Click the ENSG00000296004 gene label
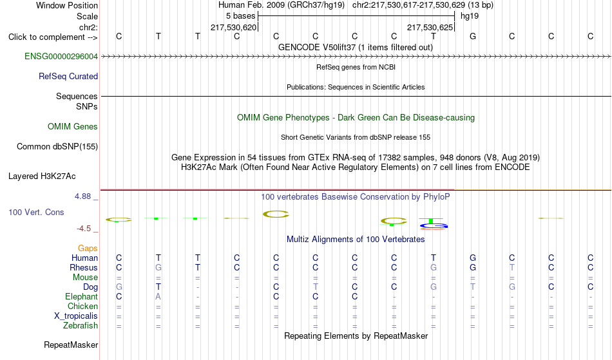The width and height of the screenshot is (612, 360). pos(61,57)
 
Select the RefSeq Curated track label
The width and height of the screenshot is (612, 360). pos(68,77)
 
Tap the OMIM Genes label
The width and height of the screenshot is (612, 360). pos(73,126)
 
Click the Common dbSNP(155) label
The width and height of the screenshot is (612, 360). pos(57,147)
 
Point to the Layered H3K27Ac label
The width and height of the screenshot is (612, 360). pos(42,176)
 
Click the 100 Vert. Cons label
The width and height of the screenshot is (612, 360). pos(36,212)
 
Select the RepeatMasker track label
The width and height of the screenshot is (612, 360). pos(71,345)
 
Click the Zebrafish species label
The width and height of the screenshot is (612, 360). pos(81,325)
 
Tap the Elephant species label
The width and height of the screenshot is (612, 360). pos(82,296)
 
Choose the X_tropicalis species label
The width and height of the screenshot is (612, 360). pos(76,316)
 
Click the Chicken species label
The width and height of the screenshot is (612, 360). pos(82,306)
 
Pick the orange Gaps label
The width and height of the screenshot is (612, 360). pos(88,249)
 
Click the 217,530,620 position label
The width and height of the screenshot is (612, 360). pos(233,27)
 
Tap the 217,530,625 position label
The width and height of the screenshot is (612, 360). pos(430,27)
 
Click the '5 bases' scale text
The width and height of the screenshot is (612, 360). pos(240,16)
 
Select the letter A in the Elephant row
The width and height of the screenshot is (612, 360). pos(158,296)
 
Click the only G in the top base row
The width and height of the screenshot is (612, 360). pos(473,36)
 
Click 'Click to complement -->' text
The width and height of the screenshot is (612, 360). pos(53,37)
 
